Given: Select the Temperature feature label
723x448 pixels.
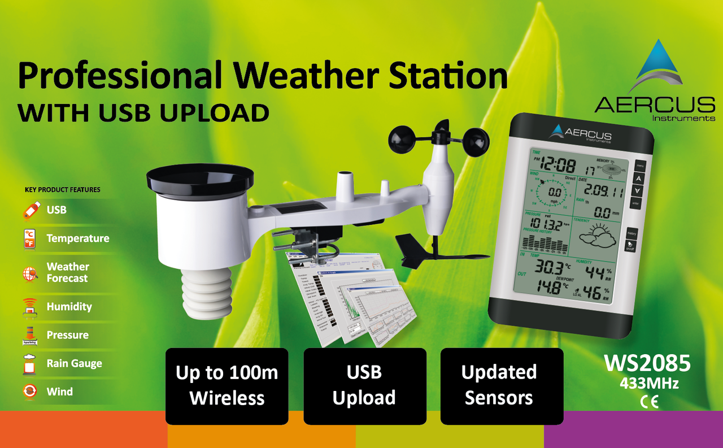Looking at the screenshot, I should [78, 238].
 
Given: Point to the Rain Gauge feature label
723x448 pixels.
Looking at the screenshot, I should [74, 363].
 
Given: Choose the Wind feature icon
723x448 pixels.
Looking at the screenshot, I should [30, 391].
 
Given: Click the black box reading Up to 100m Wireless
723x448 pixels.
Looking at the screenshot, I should [227, 386].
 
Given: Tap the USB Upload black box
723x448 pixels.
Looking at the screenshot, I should [364, 386].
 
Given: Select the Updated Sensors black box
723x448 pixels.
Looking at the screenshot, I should [501, 386].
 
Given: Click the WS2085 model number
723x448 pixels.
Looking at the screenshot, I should [647, 363].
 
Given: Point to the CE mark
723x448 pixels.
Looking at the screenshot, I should [649, 402].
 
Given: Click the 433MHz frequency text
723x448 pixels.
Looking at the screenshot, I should [649, 384].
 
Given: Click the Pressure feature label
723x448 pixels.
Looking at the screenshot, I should [67, 335].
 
